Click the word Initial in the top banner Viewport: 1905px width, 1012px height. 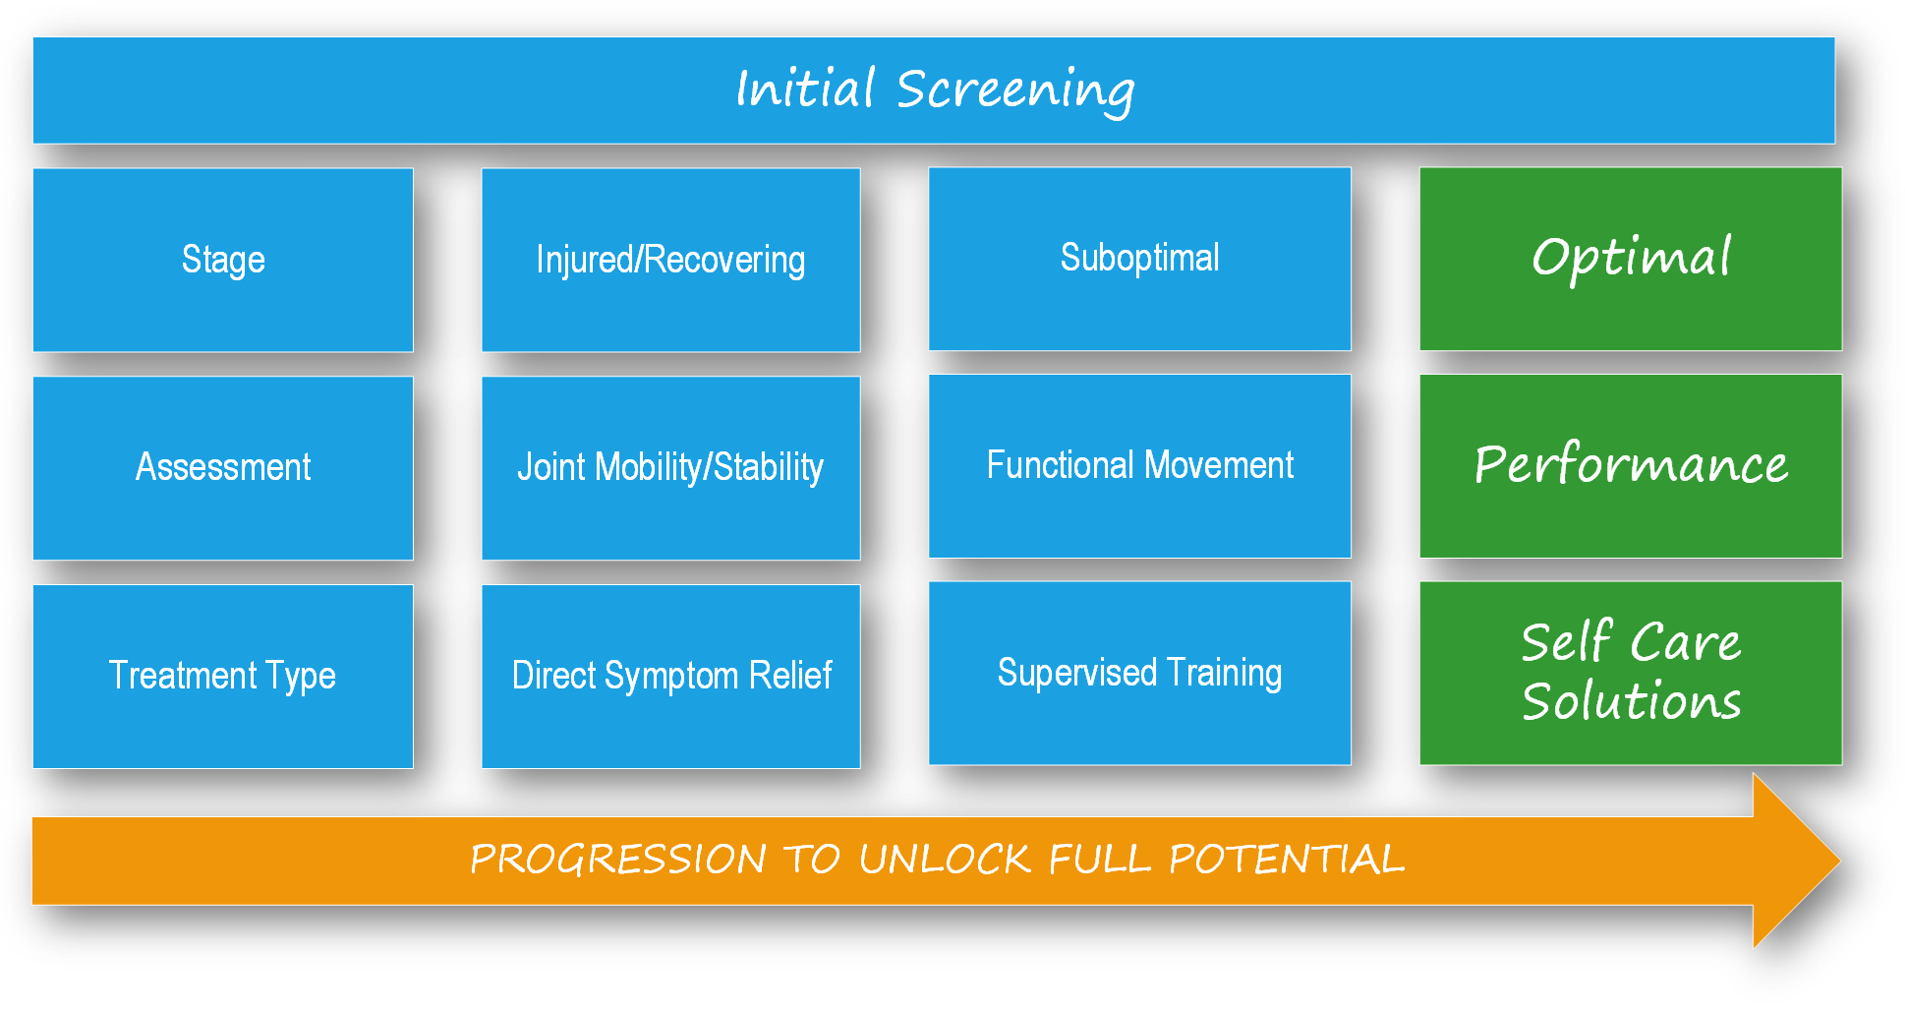tap(805, 88)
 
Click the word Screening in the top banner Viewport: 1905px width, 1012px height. tap(1015, 90)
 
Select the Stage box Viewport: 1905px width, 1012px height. tap(223, 260)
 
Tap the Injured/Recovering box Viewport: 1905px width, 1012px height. tap(670, 260)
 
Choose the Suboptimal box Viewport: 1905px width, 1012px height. tap(1139, 259)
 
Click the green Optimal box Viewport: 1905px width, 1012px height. tap(1631, 259)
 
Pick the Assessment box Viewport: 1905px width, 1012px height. tap(223, 468)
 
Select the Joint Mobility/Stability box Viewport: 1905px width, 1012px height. tap(670, 468)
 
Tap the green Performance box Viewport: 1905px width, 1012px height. tap(1631, 466)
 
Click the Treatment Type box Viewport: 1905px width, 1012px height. tap(223, 677)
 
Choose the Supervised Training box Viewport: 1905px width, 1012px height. tap(1139, 674)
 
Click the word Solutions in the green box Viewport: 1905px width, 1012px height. tap(1632, 701)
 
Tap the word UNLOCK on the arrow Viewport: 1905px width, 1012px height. tap(945, 860)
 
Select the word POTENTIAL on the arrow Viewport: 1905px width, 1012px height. tap(1287, 860)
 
